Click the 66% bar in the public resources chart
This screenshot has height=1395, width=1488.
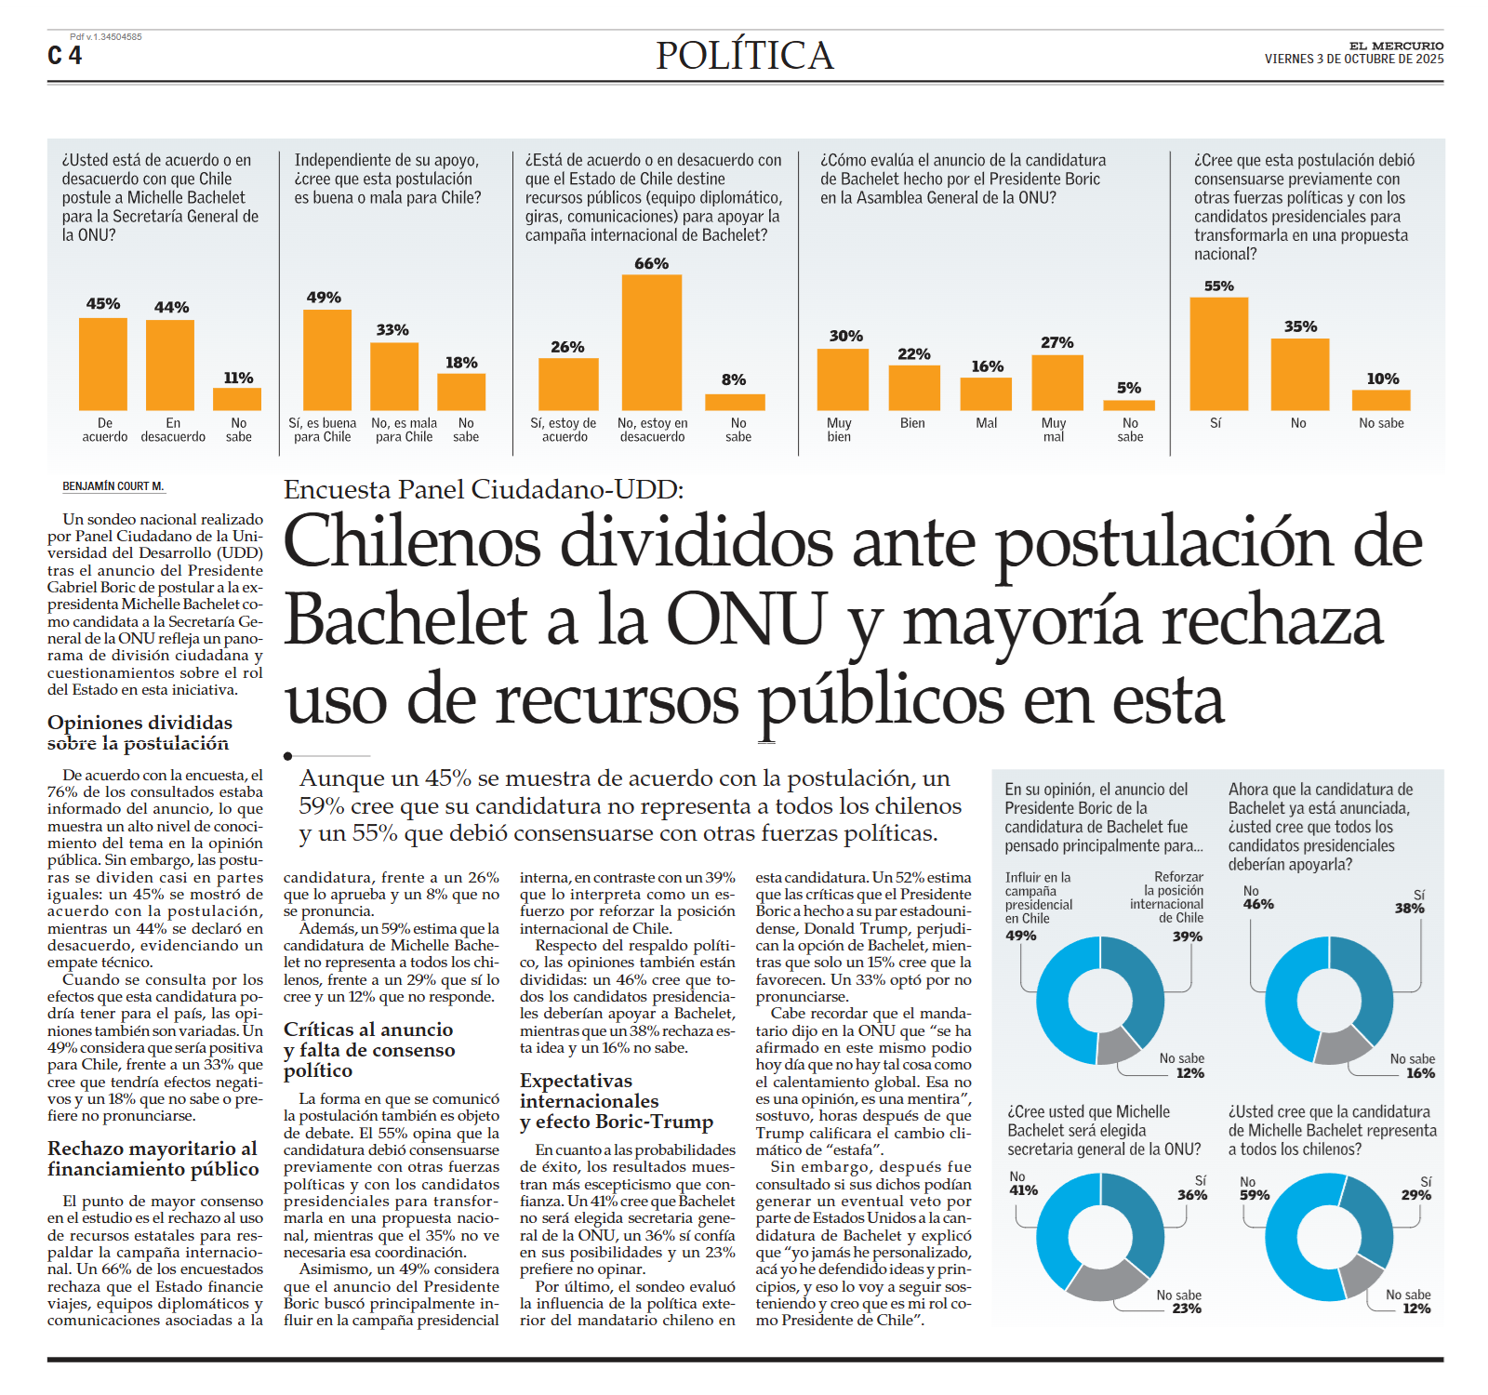pos(651,342)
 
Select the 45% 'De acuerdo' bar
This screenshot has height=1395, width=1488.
pos(103,364)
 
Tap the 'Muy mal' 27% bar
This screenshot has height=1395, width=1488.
pos(1057,382)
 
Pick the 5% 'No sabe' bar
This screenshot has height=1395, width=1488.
pos(1129,405)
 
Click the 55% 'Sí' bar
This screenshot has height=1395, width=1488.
pos(1218,353)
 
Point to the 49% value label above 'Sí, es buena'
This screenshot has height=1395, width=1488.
pos(324,298)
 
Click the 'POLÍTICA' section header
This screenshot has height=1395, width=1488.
pos(744,56)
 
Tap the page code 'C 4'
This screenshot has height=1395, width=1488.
pos(65,56)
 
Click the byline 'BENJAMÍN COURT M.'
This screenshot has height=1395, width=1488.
pos(113,486)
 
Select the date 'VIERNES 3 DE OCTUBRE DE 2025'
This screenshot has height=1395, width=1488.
pos(1353,60)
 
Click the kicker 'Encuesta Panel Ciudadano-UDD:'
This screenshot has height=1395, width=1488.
pos(484,489)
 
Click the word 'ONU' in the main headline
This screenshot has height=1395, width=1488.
pos(746,619)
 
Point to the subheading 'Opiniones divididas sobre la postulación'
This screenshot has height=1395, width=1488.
pos(139,733)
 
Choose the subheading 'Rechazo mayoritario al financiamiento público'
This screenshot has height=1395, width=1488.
pos(153,1159)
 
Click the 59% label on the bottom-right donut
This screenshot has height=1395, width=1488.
pos(1255,1195)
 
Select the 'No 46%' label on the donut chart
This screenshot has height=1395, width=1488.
pos(1258,897)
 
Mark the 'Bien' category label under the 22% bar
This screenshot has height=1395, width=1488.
pos(912,423)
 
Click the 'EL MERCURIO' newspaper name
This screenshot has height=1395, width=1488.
pos(1396,46)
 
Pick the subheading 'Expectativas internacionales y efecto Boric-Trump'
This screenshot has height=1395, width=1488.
pos(617,1101)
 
